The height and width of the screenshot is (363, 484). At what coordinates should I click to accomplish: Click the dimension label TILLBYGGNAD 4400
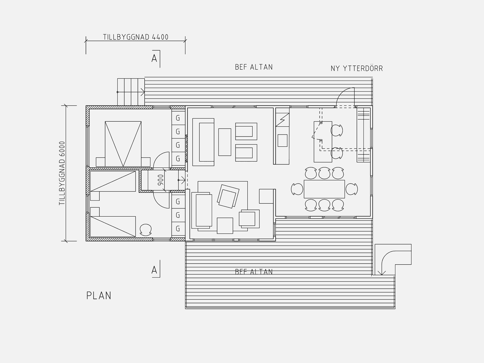(x=136, y=37)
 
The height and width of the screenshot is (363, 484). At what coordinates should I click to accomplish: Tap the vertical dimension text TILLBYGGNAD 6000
(x=62, y=173)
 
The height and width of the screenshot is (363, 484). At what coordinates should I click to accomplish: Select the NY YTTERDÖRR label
(x=357, y=68)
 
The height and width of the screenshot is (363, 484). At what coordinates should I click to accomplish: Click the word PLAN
(x=99, y=296)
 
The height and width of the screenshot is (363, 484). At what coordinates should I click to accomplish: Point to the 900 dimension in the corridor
(x=161, y=180)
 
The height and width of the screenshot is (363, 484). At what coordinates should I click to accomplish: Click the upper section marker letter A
(x=154, y=58)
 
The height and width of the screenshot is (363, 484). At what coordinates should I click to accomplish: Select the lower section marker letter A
(x=154, y=270)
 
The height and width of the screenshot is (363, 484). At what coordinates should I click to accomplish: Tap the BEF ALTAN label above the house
(x=254, y=67)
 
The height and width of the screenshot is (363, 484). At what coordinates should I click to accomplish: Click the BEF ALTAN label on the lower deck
(x=254, y=272)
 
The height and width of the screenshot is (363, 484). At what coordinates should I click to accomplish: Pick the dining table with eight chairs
(x=324, y=189)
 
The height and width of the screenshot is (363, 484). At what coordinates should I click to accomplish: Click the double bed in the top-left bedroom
(x=123, y=144)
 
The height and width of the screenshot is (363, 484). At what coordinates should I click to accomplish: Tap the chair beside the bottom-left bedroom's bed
(x=146, y=230)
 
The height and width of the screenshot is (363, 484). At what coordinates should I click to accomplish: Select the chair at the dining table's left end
(x=297, y=189)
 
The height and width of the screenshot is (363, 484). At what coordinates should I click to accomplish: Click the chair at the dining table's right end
(x=352, y=189)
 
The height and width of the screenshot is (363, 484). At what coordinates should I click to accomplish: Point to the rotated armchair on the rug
(x=228, y=196)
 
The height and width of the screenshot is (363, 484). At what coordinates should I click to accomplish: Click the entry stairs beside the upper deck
(x=131, y=92)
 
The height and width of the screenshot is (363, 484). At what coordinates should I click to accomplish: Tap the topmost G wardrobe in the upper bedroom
(x=178, y=118)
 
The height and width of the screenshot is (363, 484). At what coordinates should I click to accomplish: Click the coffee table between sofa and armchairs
(x=225, y=142)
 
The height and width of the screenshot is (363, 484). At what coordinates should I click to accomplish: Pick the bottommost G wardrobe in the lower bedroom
(x=178, y=229)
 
